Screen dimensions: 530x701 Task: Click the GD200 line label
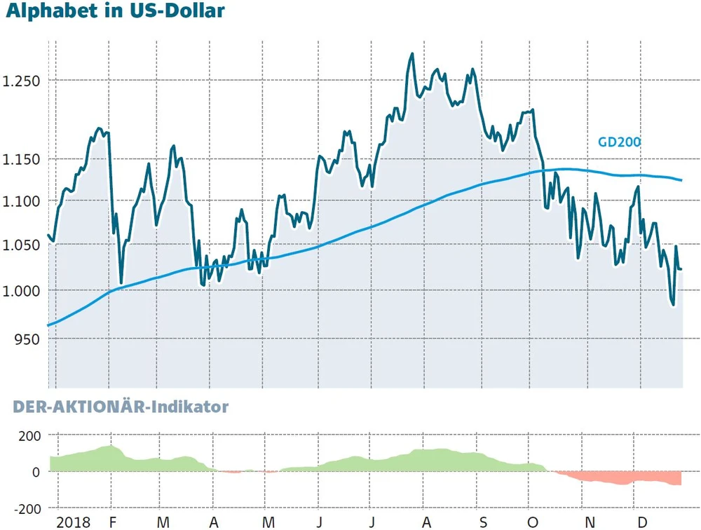coord(619,142)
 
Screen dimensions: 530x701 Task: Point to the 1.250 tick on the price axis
coord(21,81)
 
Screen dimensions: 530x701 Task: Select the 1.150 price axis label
coord(21,160)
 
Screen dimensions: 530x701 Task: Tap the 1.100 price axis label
coord(21,202)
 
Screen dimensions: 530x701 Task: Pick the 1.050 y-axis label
coord(21,245)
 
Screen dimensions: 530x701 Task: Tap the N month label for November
coord(592,522)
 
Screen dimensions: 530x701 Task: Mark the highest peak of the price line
coord(411,53)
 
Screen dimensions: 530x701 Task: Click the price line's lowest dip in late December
coord(673,305)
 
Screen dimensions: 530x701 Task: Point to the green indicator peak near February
coord(109,446)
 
